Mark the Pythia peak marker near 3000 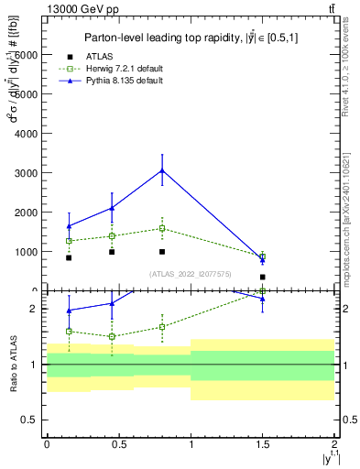click(x=162, y=170)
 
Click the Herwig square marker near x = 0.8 click(x=162, y=228)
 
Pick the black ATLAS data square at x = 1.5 click(x=263, y=277)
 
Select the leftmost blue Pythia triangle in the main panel click(x=69, y=226)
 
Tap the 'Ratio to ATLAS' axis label click(x=13, y=365)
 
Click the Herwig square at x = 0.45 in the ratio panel click(x=112, y=336)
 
